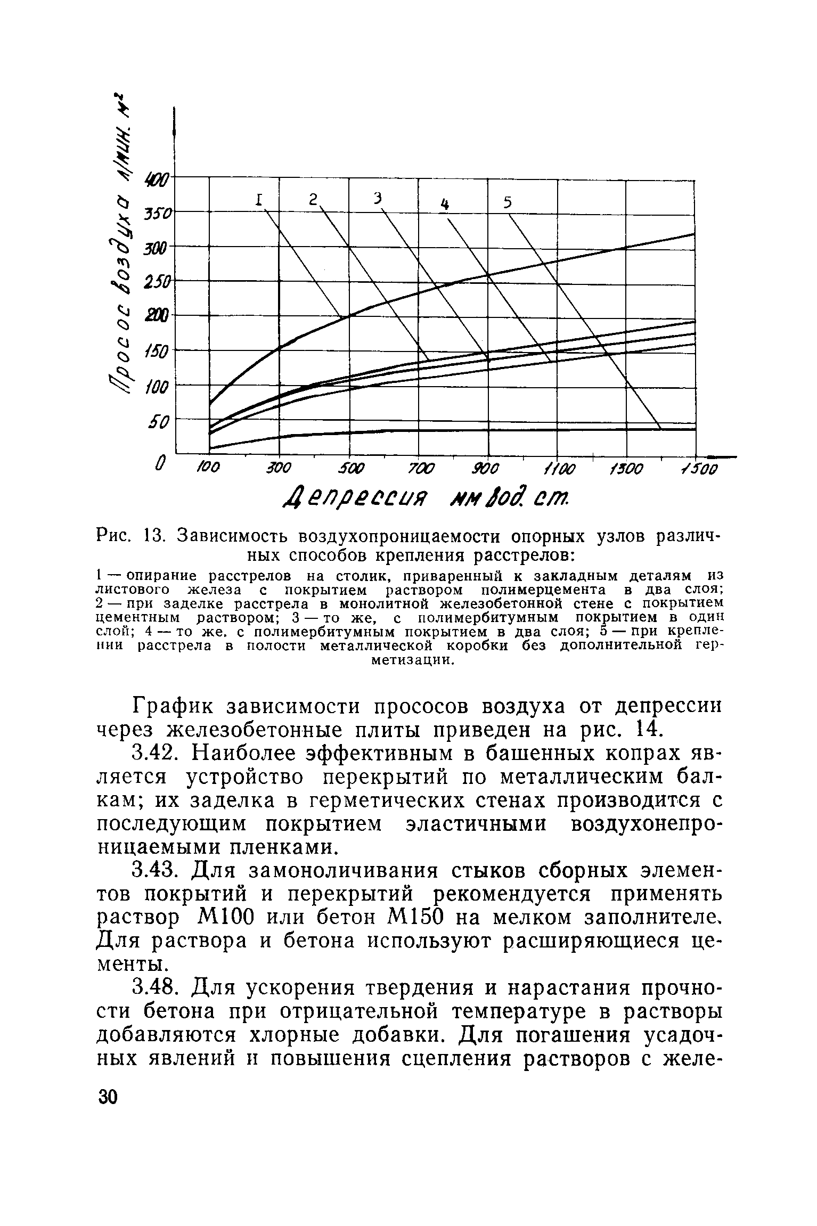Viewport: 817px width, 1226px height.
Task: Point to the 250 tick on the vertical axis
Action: (156, 283)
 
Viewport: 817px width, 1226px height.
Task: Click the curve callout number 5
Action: (508, 202)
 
